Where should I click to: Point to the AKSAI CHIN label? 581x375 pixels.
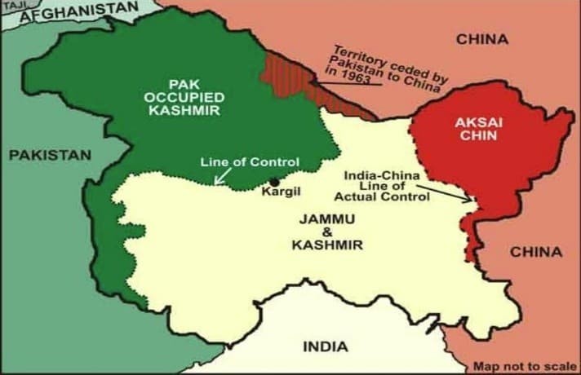(x=467, y=128)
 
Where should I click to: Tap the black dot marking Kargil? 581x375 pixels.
(x=274, y=181)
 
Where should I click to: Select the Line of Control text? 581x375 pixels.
(x=250, y=161)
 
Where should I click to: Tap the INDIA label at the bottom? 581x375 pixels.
(x=326, y=346)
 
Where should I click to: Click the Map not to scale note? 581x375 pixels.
(x=525, y=367)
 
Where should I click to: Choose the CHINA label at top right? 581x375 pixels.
(x=481, y=39)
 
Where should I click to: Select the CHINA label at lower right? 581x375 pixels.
(x=536, y=252)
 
